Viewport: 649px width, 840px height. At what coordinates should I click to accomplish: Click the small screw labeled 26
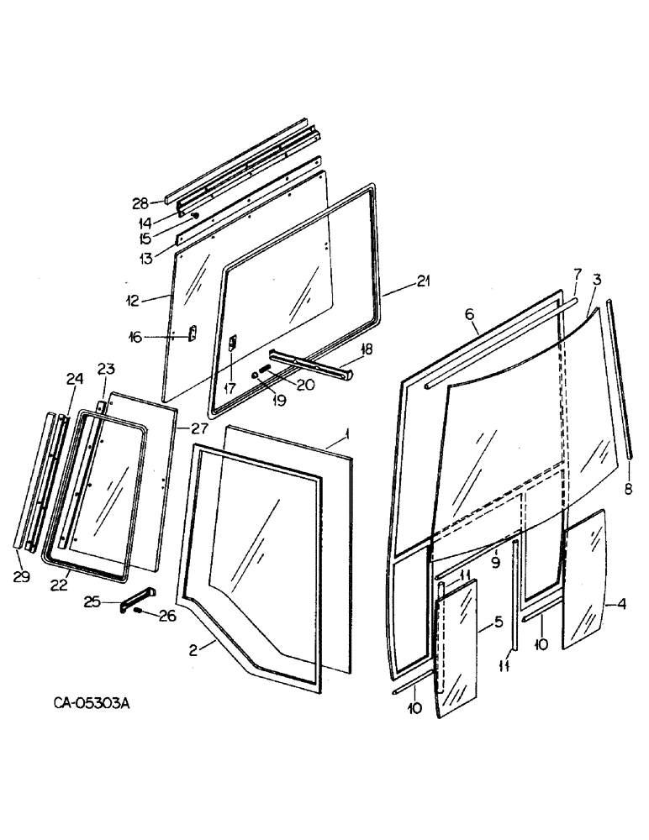(x=140, y=612)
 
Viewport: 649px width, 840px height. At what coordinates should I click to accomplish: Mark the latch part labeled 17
(x=234, y=344)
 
